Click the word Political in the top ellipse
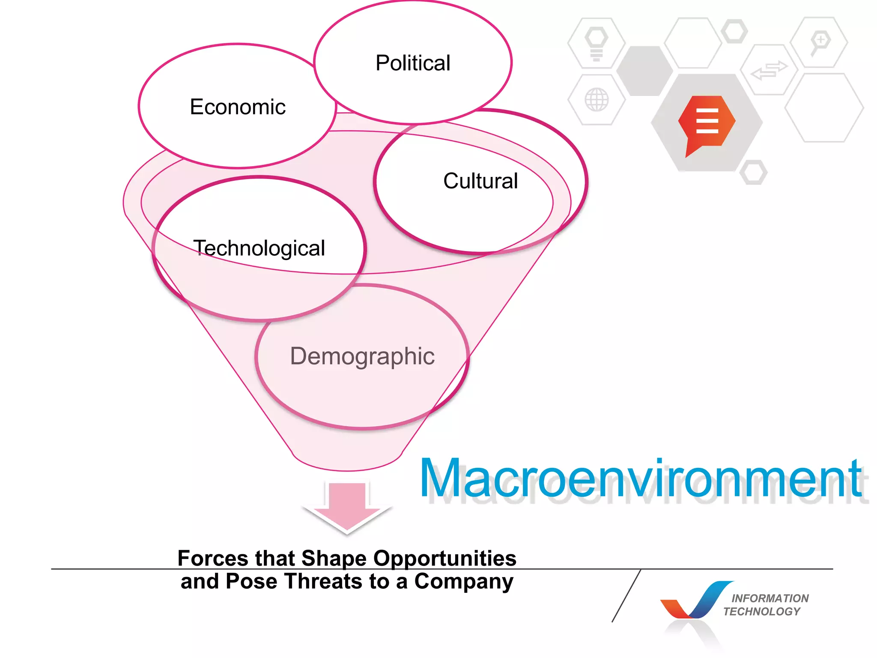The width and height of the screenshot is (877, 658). [x=413, y=63]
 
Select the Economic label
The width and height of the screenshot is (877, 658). [x=238, y=107]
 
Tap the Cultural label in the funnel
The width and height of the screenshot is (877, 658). [x=480, y=181]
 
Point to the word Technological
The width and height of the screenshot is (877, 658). [x=260, y=248]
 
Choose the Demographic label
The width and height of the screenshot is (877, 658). [x=362, y=356]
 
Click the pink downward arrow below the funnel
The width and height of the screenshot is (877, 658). [x=347, y=508]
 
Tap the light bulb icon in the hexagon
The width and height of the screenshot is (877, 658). [x=596, y=43]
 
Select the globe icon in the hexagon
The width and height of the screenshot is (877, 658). [x=597, y=100]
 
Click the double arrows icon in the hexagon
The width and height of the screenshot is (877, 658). [x=769, y=70]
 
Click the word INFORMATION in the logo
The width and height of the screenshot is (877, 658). [x=770, y=598]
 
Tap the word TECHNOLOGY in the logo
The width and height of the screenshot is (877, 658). [x=762, y=611]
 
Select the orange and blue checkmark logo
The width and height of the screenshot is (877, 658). [x=696, y=601]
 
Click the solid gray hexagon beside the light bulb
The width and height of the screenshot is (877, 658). [x=644, y=71]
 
